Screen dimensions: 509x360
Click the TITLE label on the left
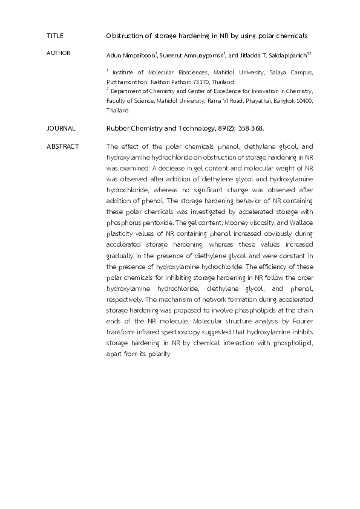(54, 36)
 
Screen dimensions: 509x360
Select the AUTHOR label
(58, 53)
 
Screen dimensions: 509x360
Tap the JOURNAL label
(61, 128)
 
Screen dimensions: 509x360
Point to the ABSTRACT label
(62, 147)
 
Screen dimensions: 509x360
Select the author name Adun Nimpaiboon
(130, 56)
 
